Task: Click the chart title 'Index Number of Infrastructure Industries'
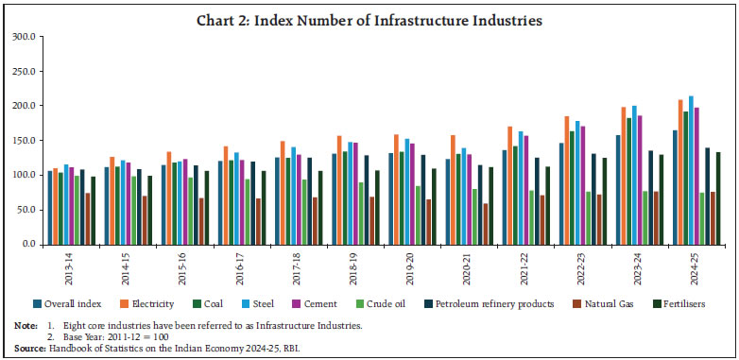[x=369, y=20]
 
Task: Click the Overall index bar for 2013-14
[x=50, y=208]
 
